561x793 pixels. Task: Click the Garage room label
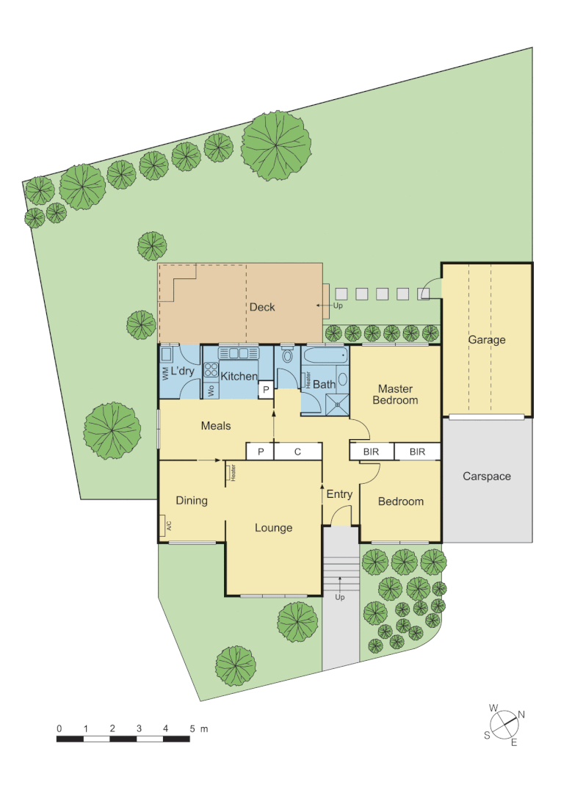click(487, 340)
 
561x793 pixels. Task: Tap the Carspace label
click(486, 477)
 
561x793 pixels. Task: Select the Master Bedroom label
click(395, 394)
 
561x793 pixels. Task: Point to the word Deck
click(262, 307)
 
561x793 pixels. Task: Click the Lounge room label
click(273, 528)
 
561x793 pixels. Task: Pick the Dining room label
click(192, 501)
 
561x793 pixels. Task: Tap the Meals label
click(216, 426)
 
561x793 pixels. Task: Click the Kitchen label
click(239, 377)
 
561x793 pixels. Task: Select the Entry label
click(339, 494)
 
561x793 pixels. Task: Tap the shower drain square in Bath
click(339, 402)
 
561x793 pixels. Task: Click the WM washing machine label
click(165, 373)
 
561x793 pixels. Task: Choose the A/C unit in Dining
click(162, 526)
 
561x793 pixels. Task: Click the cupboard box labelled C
click(297, 452)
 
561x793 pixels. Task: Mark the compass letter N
click(521, 714)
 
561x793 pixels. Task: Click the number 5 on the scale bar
click(192, 728)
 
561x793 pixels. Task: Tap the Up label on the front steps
click(340, 598)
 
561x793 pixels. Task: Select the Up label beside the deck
click(338, 305)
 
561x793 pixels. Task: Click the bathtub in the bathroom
click(325, 356)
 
